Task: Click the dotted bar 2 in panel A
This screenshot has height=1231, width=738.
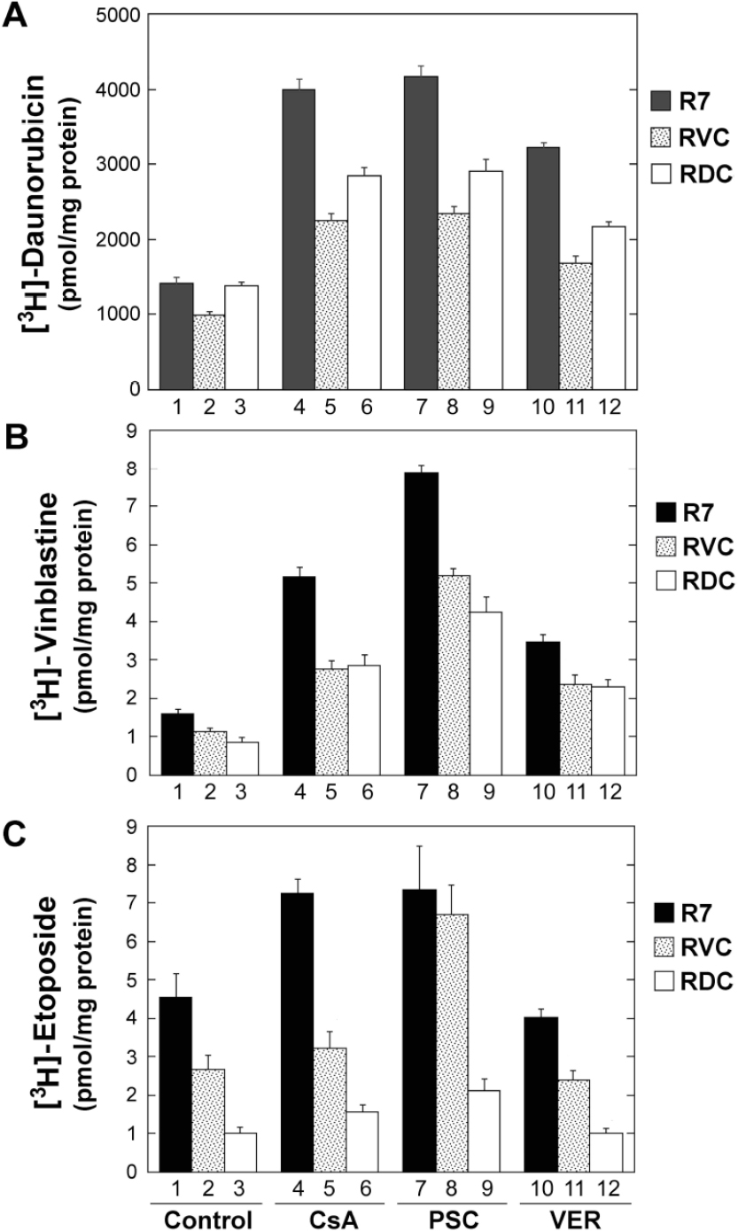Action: [x=209, y=351]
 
